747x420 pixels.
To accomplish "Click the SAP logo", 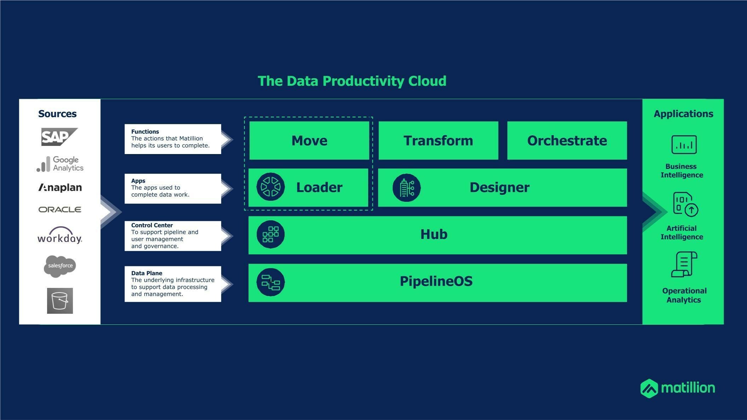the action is [x=59, y=137].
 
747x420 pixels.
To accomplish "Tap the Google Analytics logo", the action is [x=60, y=164].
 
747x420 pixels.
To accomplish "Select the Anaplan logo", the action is [x=60, y=187].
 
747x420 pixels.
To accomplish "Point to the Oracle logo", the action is [x=60, y=210].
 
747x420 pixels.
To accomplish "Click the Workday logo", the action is [x=60, y=235].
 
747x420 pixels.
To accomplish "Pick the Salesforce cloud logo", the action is [x=60, y=266].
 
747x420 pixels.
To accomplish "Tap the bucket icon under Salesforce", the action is [x=60, y=301].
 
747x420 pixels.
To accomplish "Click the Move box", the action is [x=309, y=141].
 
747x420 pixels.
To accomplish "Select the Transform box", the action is [x=438, y=141].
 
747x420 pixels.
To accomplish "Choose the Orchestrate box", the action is [x=567, y=141].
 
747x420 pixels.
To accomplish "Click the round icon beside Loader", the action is [x=270, y=187].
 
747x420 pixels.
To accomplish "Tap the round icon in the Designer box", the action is [x=406, y=188].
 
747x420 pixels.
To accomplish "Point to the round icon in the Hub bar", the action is [x=270, y=234].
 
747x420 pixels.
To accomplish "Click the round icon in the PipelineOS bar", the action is [x=270, y=282].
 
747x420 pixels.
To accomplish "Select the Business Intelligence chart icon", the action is [x=684, y=144].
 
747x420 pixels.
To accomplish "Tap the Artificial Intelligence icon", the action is [x=685, y=204].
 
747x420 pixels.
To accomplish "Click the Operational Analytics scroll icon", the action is [x=684, y=264].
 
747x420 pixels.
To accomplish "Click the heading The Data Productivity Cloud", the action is [x=352, y=81].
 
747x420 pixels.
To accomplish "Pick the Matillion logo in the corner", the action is [x=678, y=388].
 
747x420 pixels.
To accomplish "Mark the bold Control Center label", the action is [x=152, y=225].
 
